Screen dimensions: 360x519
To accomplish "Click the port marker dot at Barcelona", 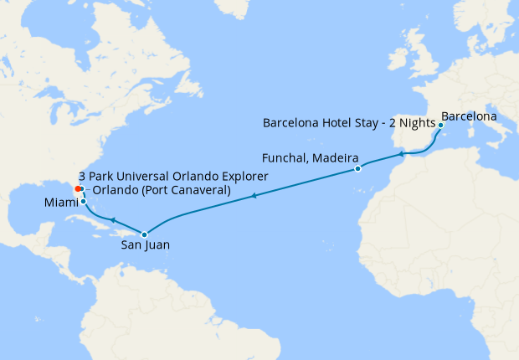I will point(440,125).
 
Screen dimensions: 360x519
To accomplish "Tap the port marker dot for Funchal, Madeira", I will point(357,168).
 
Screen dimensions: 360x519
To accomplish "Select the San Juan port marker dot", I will point(144,234).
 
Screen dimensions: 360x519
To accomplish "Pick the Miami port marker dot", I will point(83,202).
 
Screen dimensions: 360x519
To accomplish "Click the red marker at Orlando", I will point(78,189).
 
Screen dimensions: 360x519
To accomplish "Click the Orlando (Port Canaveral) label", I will point(162,190).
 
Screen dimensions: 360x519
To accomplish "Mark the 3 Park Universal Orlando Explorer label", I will point(173,177).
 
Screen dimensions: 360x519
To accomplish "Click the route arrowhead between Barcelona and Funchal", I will point(402,154).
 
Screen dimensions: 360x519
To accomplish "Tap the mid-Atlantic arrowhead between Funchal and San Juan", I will point(254,197).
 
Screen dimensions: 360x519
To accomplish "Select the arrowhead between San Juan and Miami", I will point(112,219).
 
